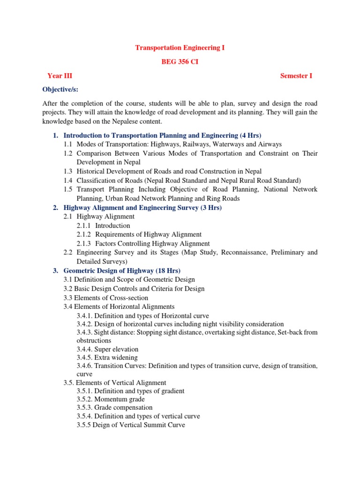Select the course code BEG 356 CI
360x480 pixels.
click(180, 62)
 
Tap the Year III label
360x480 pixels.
click(60, 76)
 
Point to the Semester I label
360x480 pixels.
click(296, 76)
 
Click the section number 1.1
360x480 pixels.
click(68, 144)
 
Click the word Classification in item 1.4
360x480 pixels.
click(97, 180)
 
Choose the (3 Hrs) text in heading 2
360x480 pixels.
click(211, 208)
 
